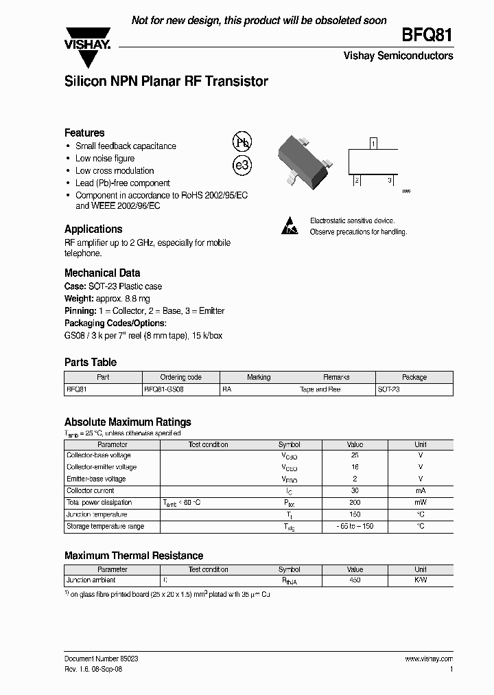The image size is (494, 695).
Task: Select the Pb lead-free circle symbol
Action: tap(242, 142)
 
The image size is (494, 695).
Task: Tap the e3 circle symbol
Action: tap(242, 166)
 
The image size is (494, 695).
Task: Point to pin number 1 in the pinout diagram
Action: tap(373, 144)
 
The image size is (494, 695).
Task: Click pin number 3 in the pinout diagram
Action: tap(390, 180)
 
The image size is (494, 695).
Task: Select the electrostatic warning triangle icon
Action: tap(291, 226)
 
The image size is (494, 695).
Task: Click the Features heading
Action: tap(84, 133)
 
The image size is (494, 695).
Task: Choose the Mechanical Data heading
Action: tap(102, 272)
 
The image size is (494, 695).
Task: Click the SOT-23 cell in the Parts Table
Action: tap(389, 389)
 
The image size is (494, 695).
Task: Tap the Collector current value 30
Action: tap(355, 491)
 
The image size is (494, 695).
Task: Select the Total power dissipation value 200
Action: tap(355, 503)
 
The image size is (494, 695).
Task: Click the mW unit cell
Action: tap(421, 503)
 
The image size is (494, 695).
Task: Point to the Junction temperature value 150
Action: tap(355, 514)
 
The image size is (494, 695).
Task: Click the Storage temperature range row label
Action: tap(105, 527)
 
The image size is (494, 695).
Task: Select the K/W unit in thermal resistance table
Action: tap(421, 581)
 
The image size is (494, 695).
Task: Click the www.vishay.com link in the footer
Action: tap(429, 659)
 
